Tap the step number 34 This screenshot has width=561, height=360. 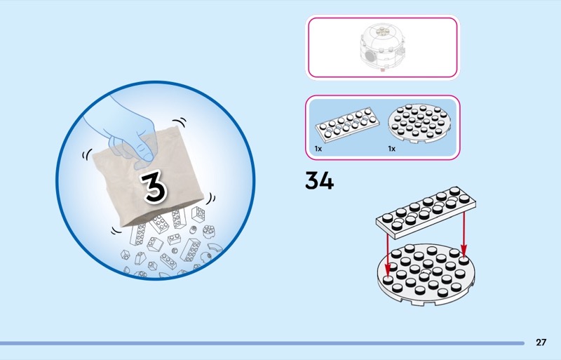pos(320,181)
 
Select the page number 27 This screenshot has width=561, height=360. pos(541,342)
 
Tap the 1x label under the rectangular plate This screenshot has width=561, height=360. pos(318,149)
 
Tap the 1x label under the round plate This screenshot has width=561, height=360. pos(392,149)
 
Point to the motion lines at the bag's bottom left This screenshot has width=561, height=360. pos(116,231)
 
